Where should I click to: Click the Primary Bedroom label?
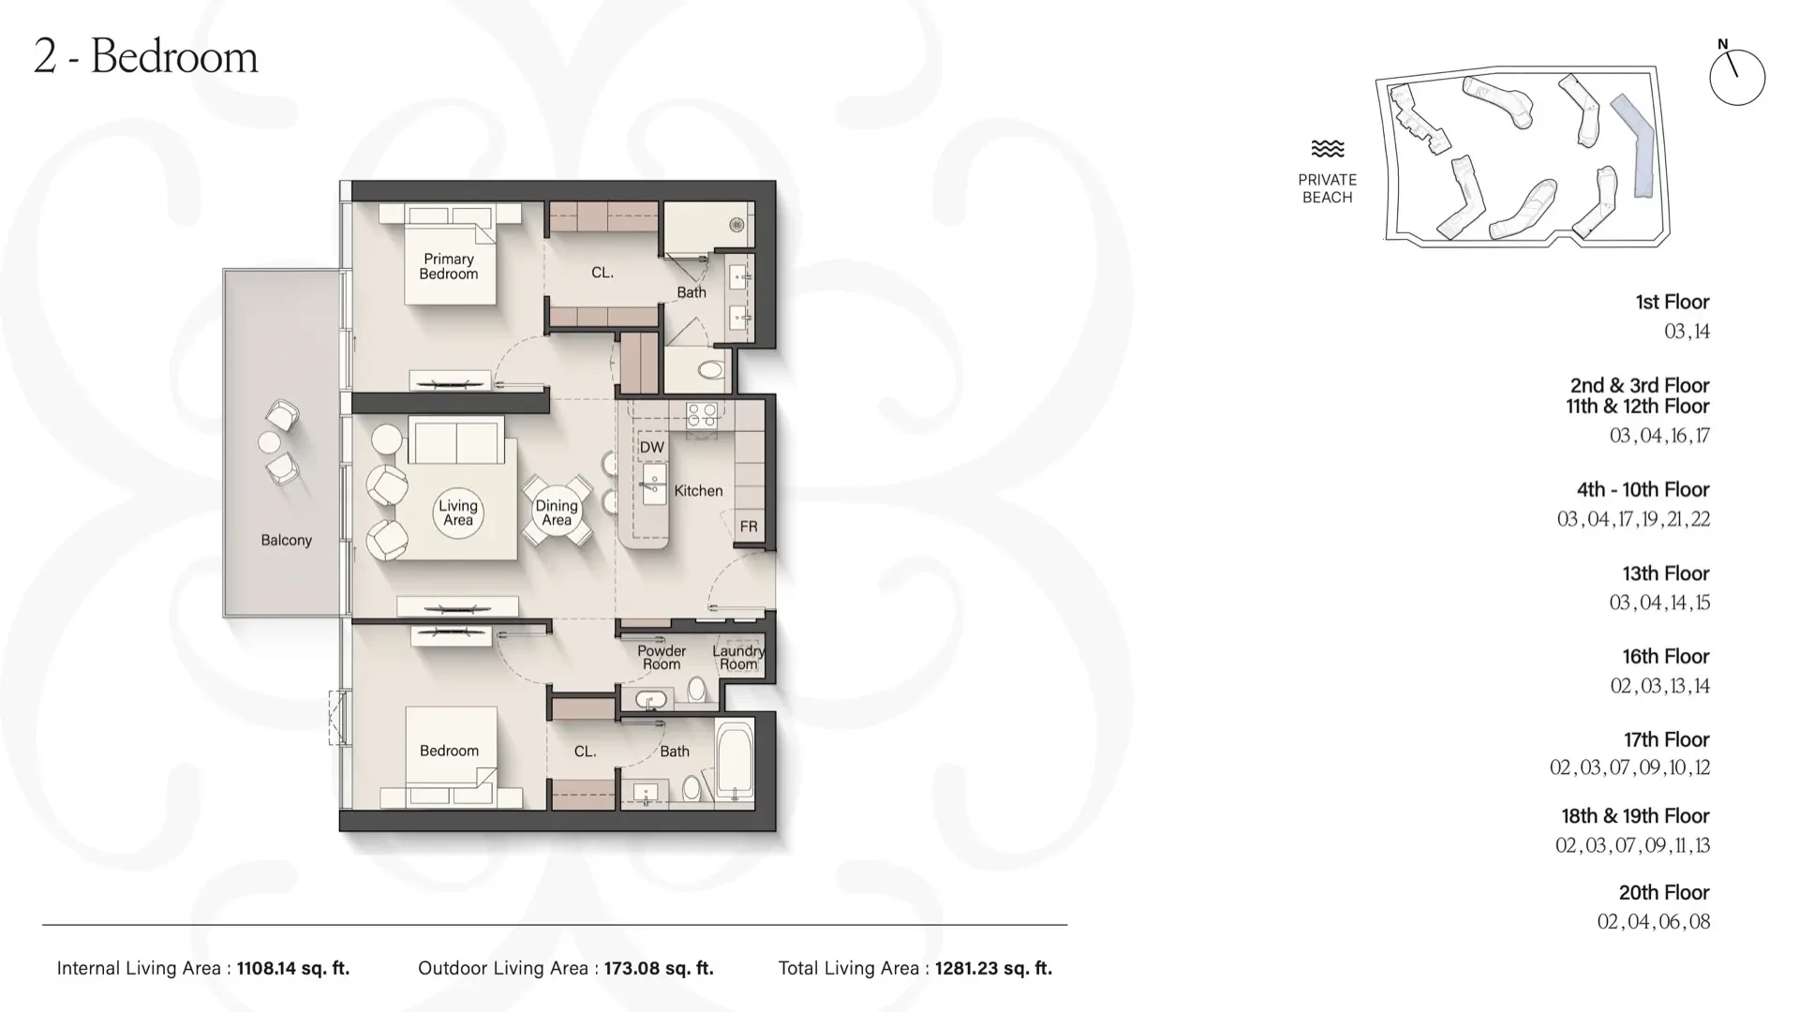449,266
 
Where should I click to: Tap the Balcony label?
286,541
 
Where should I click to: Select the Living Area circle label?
458,513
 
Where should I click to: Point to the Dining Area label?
557,513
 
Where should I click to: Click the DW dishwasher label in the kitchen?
652,448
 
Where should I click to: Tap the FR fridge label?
749,527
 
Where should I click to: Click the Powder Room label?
662,657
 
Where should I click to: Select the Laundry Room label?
738,657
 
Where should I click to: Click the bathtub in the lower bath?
735,759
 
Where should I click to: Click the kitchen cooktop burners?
702,415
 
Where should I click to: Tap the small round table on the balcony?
270,441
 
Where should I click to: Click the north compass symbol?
1737,75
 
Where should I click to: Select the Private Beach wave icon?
1327,149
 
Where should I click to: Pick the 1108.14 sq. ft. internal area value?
293,969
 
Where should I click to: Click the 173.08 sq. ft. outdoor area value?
658,969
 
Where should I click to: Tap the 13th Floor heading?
1666,573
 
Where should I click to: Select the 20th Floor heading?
1664,893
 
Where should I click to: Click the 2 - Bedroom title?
145,56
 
